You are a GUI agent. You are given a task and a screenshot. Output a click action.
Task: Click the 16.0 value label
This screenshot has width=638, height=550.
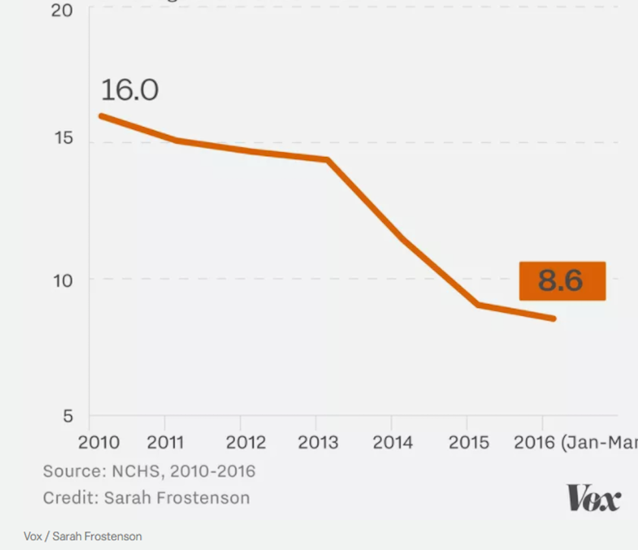pyautogui.click(x=130, y=90)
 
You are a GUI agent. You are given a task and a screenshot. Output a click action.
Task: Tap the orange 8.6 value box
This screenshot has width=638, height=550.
pyautogui.click(x=562, y=281)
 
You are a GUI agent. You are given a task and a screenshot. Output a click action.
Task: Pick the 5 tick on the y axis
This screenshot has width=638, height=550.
pyautogui.click(x=68, y=416)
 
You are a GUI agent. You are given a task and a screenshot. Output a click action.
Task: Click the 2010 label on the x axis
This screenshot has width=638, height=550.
pyautogui.click(x=99, y=443)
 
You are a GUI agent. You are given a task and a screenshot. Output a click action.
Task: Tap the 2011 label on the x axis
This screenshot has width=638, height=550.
pyautogui.click(x=165, y=443)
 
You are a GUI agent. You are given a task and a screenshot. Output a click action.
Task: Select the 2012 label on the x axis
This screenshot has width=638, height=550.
pyautogui.click(x=246, y=443)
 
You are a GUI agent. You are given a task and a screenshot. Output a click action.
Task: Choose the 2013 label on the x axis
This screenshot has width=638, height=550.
pyautogui.click(x=318, y=443)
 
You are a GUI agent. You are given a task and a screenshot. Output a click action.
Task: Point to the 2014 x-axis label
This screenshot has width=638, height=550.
pyautogui.click(x=393, y=443)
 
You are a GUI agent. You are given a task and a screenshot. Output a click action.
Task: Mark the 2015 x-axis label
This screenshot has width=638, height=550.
pyautogui.click(x=469, y=443)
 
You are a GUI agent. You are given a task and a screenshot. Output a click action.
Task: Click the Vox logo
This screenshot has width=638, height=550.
pyautogui.click(x=593, y=499)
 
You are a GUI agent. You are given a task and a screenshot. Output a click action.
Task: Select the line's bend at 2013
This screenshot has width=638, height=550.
pyautogui.click(x=327, y=159)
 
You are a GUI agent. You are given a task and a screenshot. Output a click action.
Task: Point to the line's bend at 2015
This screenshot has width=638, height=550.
pyautogui.click(x=477, y=305)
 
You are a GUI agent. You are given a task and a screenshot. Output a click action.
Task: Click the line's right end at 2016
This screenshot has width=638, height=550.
pyautogui.click(x=553, y=318)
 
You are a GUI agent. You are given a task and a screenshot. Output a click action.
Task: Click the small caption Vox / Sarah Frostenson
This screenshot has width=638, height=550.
pyautogui.click(x=82, y=536)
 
